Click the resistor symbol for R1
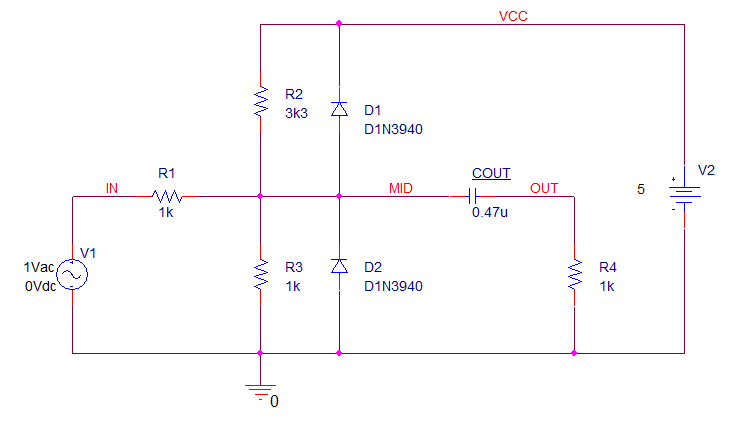(x=167, y=197)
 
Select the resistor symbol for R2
(x=261, y=101)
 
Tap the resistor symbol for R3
(x=261, y=274)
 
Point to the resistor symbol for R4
(x=575, y=274)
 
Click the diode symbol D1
(x=339, y=109)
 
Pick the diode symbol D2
(x=339, y=266)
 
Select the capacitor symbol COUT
(x=473, y=197)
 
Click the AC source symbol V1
(x=72, y=274)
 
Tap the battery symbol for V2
(x=684, y=195)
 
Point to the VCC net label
(x=513, y=16)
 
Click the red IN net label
(x=112, y=188)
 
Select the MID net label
(x=401, y=188)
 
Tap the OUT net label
(x=544, y=188)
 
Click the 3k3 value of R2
(x=297, y=113)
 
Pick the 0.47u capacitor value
(x=490, y=212)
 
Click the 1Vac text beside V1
(x=39, y=267)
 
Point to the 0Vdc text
(x=40, y=286)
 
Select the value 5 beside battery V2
(x=641, y=189)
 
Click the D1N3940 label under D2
(x=393, y=286)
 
